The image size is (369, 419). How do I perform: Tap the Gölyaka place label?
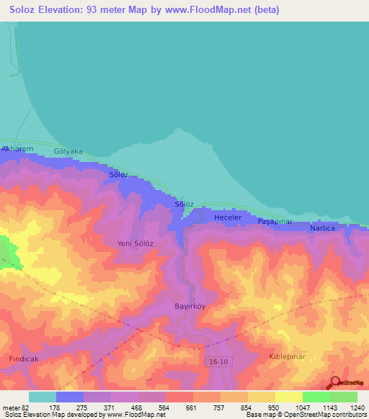point(68,152)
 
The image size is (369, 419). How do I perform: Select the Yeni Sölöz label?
point(135,243)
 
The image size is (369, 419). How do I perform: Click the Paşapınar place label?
point(274,223)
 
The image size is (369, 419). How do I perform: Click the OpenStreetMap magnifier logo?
point(334,382)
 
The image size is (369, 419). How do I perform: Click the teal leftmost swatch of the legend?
point(42,397)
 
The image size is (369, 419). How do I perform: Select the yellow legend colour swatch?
point(288,397)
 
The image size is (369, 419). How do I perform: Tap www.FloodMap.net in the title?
point(202,10)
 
